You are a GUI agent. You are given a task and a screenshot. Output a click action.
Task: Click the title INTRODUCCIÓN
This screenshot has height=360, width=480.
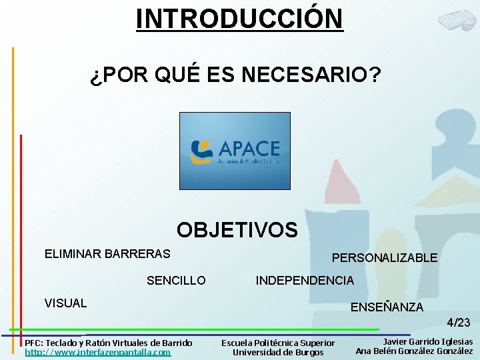(x=239, y=18)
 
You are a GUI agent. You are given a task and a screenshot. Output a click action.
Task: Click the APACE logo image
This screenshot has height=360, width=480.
(x=235, y=151)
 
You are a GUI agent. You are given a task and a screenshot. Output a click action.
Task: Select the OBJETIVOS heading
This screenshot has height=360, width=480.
(x=237, y=230)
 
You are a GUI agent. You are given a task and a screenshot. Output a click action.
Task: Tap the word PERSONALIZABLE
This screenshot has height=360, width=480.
(x=385, y=257)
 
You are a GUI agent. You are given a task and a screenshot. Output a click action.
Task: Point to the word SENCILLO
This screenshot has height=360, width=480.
(x=176, y=281)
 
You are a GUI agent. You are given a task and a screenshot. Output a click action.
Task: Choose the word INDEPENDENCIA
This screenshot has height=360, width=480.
(x=305, y=281)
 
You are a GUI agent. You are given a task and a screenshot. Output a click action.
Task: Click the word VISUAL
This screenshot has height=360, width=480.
(x=65, y=303)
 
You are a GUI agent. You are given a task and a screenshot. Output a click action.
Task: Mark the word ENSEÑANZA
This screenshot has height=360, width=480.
(x=387, y=307)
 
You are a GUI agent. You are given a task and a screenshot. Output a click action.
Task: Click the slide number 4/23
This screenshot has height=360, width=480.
(x=458, y=323)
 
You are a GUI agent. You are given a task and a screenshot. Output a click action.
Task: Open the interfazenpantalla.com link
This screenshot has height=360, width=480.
(x=98, y=352)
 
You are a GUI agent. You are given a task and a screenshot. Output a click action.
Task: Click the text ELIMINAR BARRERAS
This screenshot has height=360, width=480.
(x=107, y=254)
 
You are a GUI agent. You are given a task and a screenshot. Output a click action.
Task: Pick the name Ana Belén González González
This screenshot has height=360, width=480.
(x=414, y=351)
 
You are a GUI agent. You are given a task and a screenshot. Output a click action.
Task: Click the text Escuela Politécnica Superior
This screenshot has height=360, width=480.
(x=278, y=343)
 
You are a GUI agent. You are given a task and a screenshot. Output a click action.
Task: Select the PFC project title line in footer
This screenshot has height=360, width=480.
(x=108, y=343)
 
